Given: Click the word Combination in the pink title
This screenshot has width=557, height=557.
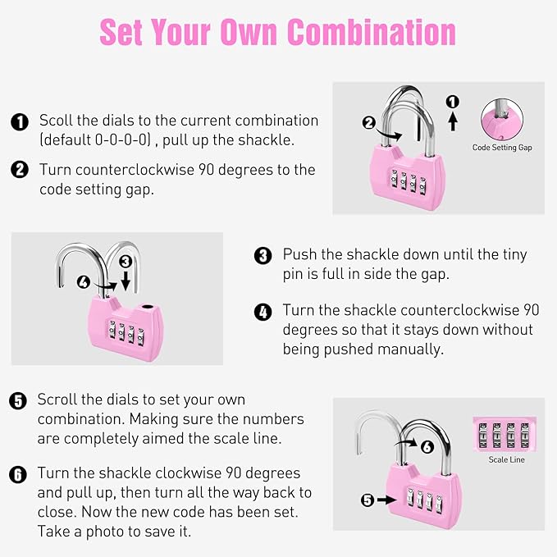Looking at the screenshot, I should pos(372,32).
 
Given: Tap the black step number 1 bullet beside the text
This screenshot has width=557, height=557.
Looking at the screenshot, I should pos(19,121).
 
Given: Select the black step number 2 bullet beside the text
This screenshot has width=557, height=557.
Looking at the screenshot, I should pos(19,170).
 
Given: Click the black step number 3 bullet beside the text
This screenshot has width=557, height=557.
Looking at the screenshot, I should pos(263,255).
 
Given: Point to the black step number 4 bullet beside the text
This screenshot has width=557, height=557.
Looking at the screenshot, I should pos(263,312).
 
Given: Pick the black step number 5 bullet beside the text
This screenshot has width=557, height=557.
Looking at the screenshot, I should pos(18,400).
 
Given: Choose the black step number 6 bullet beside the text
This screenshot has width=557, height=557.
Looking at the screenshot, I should pos(18,474).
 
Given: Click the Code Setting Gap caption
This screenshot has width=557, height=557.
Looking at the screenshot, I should pos(502,148).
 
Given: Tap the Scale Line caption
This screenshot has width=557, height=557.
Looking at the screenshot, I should pos(506,459).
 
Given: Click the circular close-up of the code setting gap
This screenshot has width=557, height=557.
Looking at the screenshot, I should pos(502,120).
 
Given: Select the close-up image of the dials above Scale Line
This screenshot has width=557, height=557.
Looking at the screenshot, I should pos(506,435).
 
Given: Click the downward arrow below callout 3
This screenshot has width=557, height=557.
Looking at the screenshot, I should pos(126,281).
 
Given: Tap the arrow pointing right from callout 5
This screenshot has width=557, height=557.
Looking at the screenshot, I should pos(386,500).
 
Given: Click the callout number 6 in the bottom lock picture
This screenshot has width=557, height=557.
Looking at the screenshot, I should pos(427,447).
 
